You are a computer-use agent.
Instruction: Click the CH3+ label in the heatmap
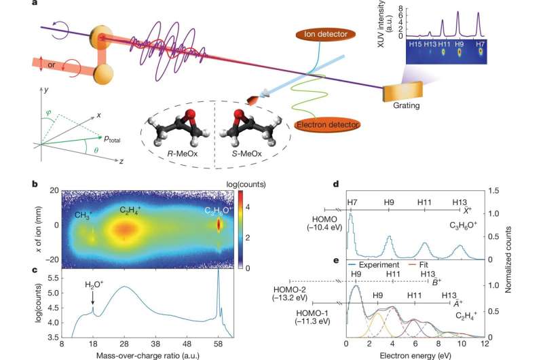(x=85, y=216)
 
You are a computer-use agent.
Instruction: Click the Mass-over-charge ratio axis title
(x=147, y=355)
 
